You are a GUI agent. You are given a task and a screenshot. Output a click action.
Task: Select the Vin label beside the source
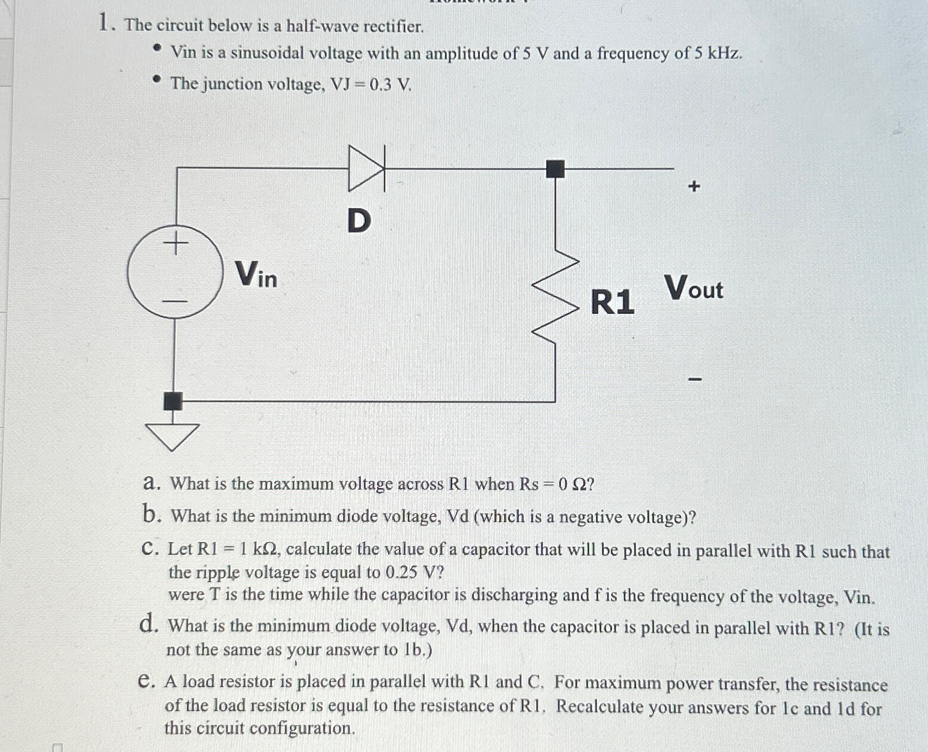point(256,274)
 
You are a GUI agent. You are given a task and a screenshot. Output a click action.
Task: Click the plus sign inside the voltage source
point(175,244)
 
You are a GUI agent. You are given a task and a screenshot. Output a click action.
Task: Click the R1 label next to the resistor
point(612,301)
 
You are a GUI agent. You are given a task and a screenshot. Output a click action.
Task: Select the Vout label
point(694,287)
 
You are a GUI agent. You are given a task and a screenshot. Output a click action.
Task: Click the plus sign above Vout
point(694,187)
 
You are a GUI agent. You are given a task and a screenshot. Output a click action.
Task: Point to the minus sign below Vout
point(694,379)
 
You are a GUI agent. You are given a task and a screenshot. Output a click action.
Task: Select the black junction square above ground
point(174,400)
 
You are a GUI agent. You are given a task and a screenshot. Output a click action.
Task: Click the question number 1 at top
point(106,24)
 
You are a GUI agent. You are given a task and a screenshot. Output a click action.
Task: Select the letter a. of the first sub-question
point(152,483)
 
